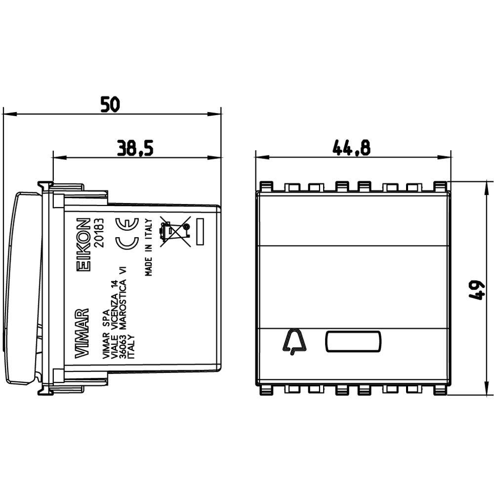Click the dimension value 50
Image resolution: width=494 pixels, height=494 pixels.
point(110,104)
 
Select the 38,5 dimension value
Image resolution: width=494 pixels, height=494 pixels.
point(135,148)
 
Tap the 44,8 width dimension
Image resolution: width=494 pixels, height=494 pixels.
point(352,147)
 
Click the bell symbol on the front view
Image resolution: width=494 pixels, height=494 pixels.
point(293,342)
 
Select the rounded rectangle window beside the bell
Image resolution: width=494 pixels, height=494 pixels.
point(353,341)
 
